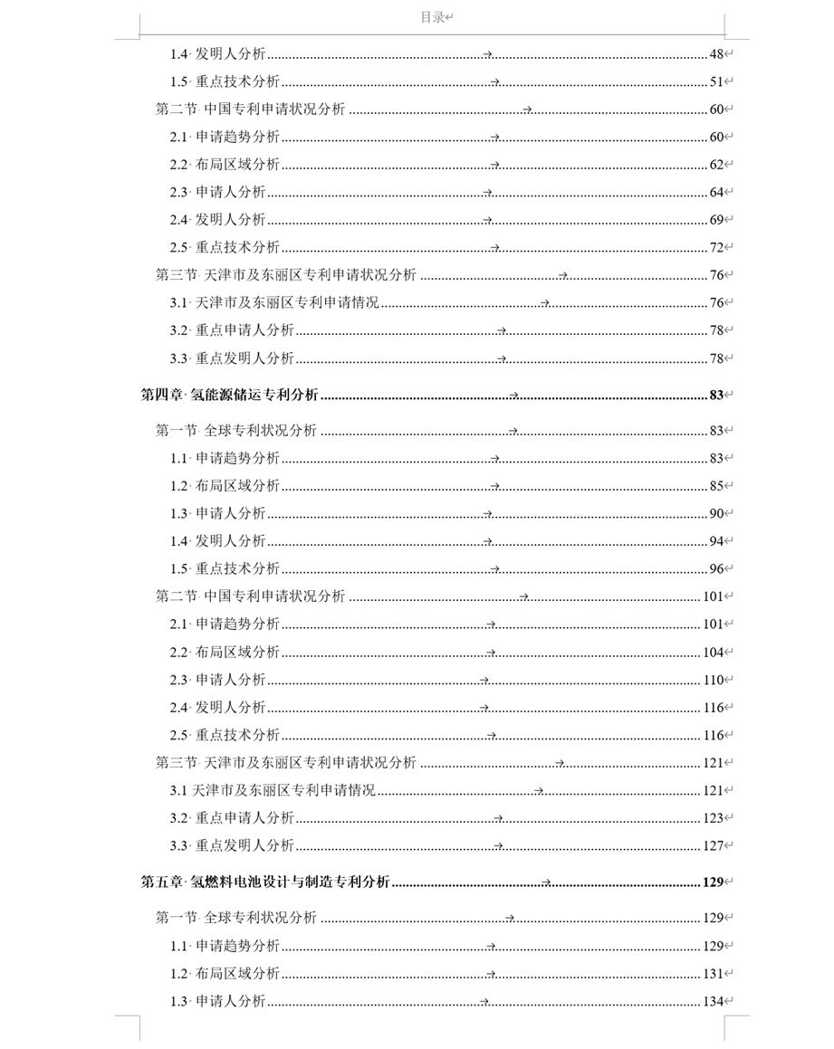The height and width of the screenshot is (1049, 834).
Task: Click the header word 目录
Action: (x=433, y=17)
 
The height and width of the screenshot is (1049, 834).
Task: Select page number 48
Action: (x=716, y=54)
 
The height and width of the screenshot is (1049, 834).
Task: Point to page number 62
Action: (x=716, y=165)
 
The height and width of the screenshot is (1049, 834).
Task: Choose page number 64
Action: (x=716, y=192)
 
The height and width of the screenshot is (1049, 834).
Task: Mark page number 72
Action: (x=716, y=247)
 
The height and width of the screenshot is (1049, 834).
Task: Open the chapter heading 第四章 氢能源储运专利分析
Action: (x=230, y=395)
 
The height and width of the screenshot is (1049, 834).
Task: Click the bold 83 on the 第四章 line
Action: (x=716, y=395)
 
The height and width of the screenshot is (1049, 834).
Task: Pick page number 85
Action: (x=716, y=486)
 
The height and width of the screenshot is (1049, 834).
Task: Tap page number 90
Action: (x=716, y=514)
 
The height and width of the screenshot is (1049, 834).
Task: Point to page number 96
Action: (x=716, y=568)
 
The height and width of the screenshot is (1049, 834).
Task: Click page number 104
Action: (x=714, y=653)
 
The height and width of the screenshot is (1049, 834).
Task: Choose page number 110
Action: (x=714, y=680)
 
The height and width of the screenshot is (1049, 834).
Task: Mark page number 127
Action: (x=714, y=846)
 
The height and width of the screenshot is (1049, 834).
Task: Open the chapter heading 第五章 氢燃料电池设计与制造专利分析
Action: (x=265, y=882)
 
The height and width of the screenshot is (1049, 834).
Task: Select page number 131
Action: (x=714, y=974)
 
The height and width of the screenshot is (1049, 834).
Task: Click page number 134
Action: (x=714, y=1002)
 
